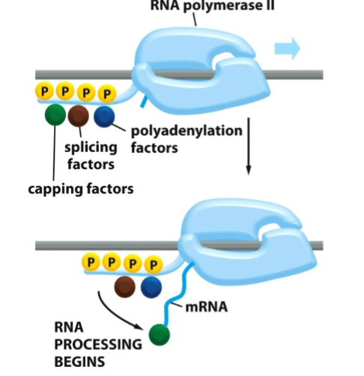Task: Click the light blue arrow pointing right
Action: (x=287, y=50)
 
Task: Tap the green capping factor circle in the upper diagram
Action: (x=55, y=115)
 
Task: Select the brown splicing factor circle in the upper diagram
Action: (x=79, y=115)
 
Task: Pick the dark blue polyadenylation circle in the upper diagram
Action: (x=103, y=115)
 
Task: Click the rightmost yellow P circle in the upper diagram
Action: (x=108, y=94)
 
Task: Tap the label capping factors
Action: (x=80, y=189)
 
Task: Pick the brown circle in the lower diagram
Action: (x=125, y=285)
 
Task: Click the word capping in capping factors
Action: (x=55, y=189)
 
